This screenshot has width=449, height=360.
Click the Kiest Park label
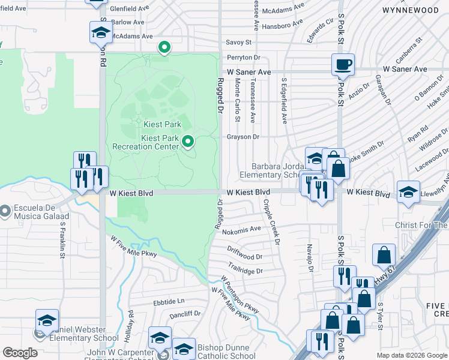(x=162, y=124)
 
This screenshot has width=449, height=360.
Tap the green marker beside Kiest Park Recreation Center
(x=188, y=142)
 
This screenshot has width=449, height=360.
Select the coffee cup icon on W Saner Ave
(x=343, y=64)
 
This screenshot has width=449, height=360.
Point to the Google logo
(x=20, y=353)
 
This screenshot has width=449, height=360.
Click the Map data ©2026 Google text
(x=412, y=355)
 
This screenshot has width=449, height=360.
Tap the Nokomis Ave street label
(x=241, y=229)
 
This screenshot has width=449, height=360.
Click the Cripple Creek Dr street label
(x=271, y=221)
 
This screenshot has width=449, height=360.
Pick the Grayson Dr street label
(x=243, y=137)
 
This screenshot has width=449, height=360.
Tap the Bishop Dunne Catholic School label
(x=226, y=352)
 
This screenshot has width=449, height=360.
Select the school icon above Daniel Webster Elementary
(x=47, y=320)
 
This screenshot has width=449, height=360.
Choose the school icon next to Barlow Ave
(x=101, y=32)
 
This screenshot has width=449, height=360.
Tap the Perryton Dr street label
(x=243, y=58)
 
